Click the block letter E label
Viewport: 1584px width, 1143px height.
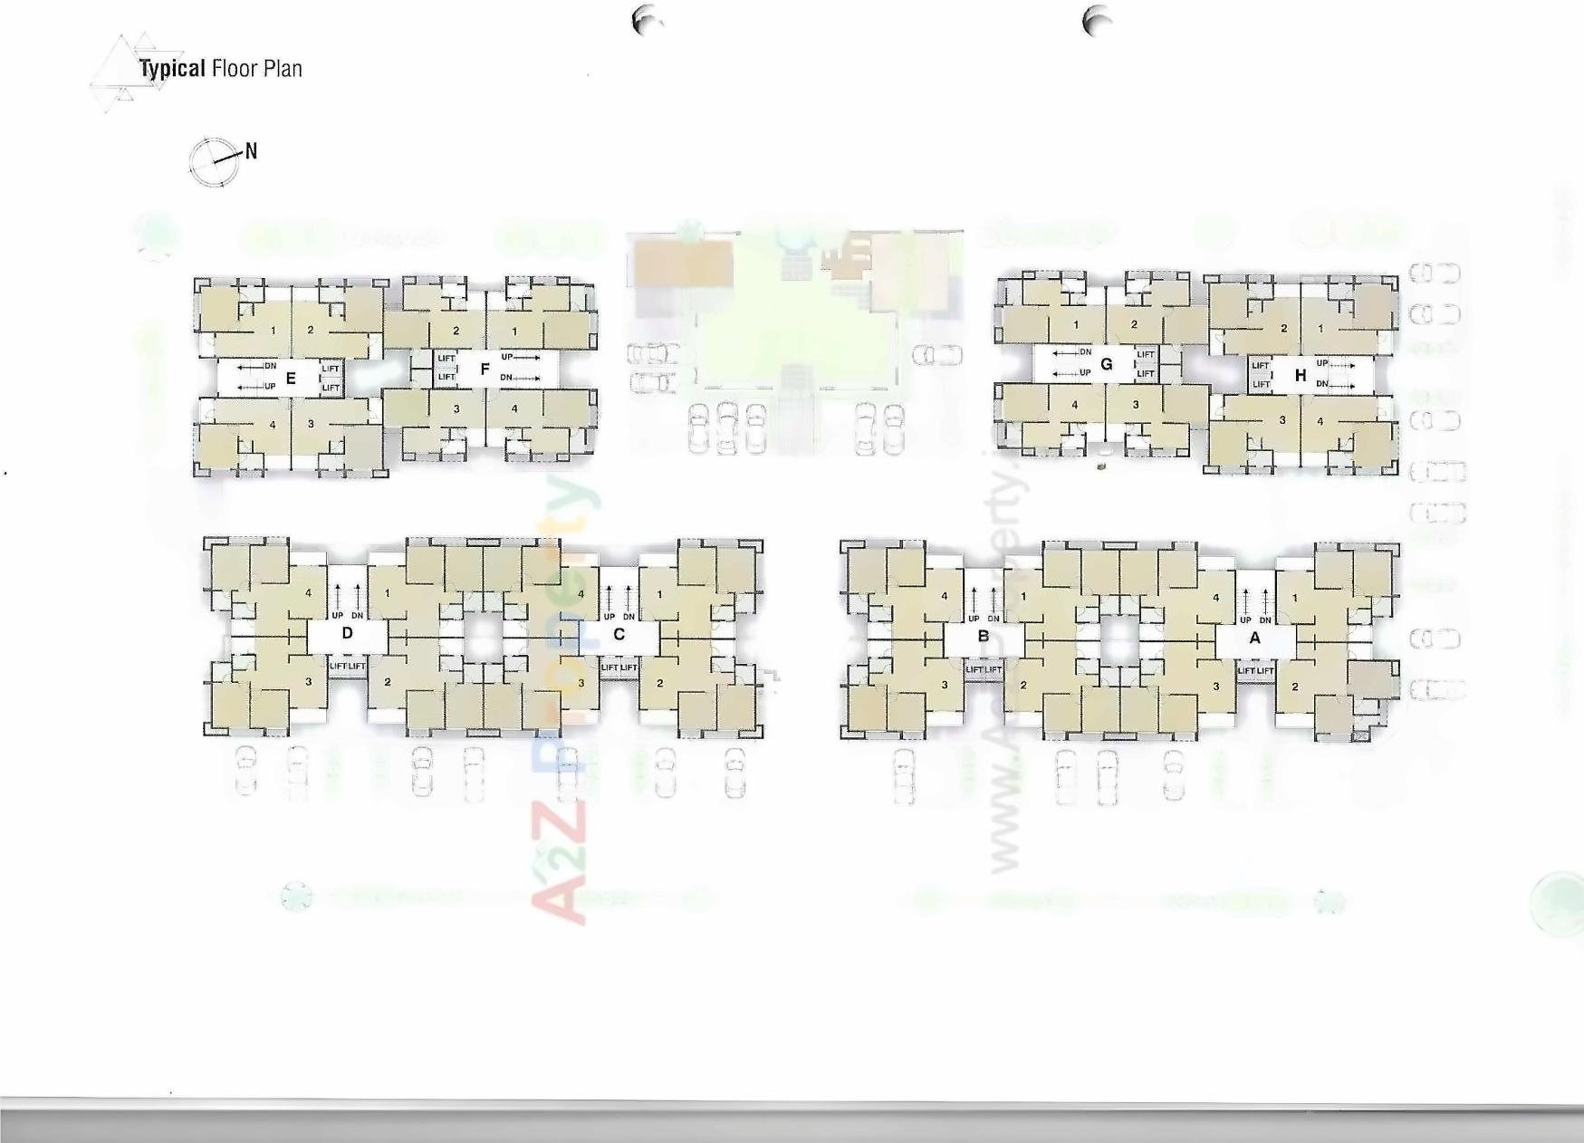click(x=291, y=379)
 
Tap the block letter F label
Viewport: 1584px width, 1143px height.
click(x=485, y=369)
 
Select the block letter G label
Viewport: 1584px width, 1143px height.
click(x=1106, y=364)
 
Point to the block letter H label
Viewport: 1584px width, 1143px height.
click(x=1301, y=375)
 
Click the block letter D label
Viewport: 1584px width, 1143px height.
click(x=347, y=633)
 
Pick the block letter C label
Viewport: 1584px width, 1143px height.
click(x=619, y=634)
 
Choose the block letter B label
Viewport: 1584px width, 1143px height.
click(x=984, y=637)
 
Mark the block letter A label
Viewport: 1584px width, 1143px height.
click(x=1254, y=638)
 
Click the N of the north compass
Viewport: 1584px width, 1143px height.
click(x=251, y=152)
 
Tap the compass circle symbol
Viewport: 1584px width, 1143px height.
click(x=214, y=163)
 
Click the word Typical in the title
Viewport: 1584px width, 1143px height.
click(x=172, y=69)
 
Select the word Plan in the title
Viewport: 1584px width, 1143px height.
click(x=283, y=69)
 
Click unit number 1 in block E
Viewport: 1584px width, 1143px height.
click(x=273, y=331)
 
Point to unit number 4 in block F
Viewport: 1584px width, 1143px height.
click(x=514, y=408)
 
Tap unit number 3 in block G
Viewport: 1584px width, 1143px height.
click(x=1135, y=405)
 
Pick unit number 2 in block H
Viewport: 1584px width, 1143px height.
click(x=1283, y=329)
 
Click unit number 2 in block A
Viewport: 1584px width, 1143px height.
click(x=1295, y=687)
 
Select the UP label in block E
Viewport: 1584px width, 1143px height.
click(x=270, y=387)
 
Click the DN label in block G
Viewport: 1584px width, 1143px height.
click(x=1085, y=351)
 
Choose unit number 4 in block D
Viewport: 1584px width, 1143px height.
click(x=309, y=593)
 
